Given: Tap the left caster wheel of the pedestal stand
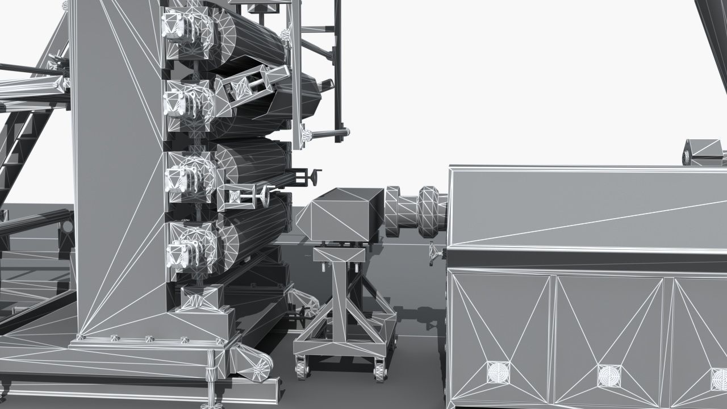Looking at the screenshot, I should [302, 368].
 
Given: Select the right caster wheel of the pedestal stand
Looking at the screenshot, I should [380, 369].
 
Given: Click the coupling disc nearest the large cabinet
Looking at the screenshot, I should [432, 212].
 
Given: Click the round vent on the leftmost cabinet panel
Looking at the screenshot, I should [498, 373].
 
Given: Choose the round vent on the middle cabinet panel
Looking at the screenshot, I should [609, 375].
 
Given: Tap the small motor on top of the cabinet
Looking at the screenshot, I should [703, 152].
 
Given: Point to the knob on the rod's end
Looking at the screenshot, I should [307, 135].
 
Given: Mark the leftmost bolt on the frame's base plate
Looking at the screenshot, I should [80, 337].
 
